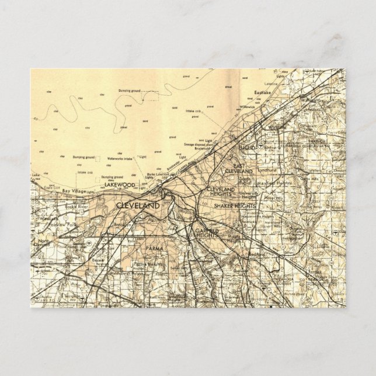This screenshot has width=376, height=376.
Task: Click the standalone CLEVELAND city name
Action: click(x=138, y=206)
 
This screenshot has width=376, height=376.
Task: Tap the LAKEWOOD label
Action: click(x=120, y=185)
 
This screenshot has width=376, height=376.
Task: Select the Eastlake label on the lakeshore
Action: click(x=263, y=93)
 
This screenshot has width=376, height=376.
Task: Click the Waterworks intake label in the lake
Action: click(x=120, y=158)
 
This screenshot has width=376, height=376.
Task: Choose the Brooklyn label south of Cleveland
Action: click(x=122, y=225)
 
